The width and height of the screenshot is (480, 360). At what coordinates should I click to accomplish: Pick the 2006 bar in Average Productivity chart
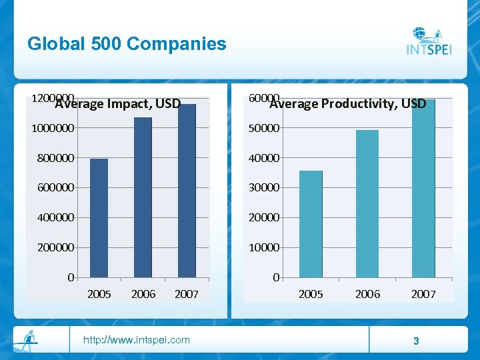coord(367,203)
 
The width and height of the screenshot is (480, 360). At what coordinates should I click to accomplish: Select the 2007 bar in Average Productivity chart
coord(423,188)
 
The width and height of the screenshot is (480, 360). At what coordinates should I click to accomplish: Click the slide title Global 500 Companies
coord(127,44)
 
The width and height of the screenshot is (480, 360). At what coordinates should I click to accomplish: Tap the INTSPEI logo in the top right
coord(429,42)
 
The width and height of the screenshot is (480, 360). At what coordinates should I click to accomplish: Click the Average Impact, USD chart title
coord(118,103)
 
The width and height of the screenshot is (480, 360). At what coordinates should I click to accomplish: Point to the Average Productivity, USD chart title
coord(347,103)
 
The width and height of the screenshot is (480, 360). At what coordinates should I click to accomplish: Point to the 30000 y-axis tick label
coord(263,188)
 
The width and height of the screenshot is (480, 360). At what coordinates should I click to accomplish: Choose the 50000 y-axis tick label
coord(263,128)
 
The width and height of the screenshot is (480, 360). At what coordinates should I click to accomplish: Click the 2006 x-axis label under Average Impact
coord(143,294)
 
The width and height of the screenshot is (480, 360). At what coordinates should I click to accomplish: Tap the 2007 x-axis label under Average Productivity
coord(423,294)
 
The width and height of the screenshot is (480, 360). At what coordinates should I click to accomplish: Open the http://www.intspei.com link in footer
coord(136,340)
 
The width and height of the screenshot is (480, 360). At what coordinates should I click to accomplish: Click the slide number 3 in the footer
coord(416,341)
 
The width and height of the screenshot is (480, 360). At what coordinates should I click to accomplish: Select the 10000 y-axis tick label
coord(263,247)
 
